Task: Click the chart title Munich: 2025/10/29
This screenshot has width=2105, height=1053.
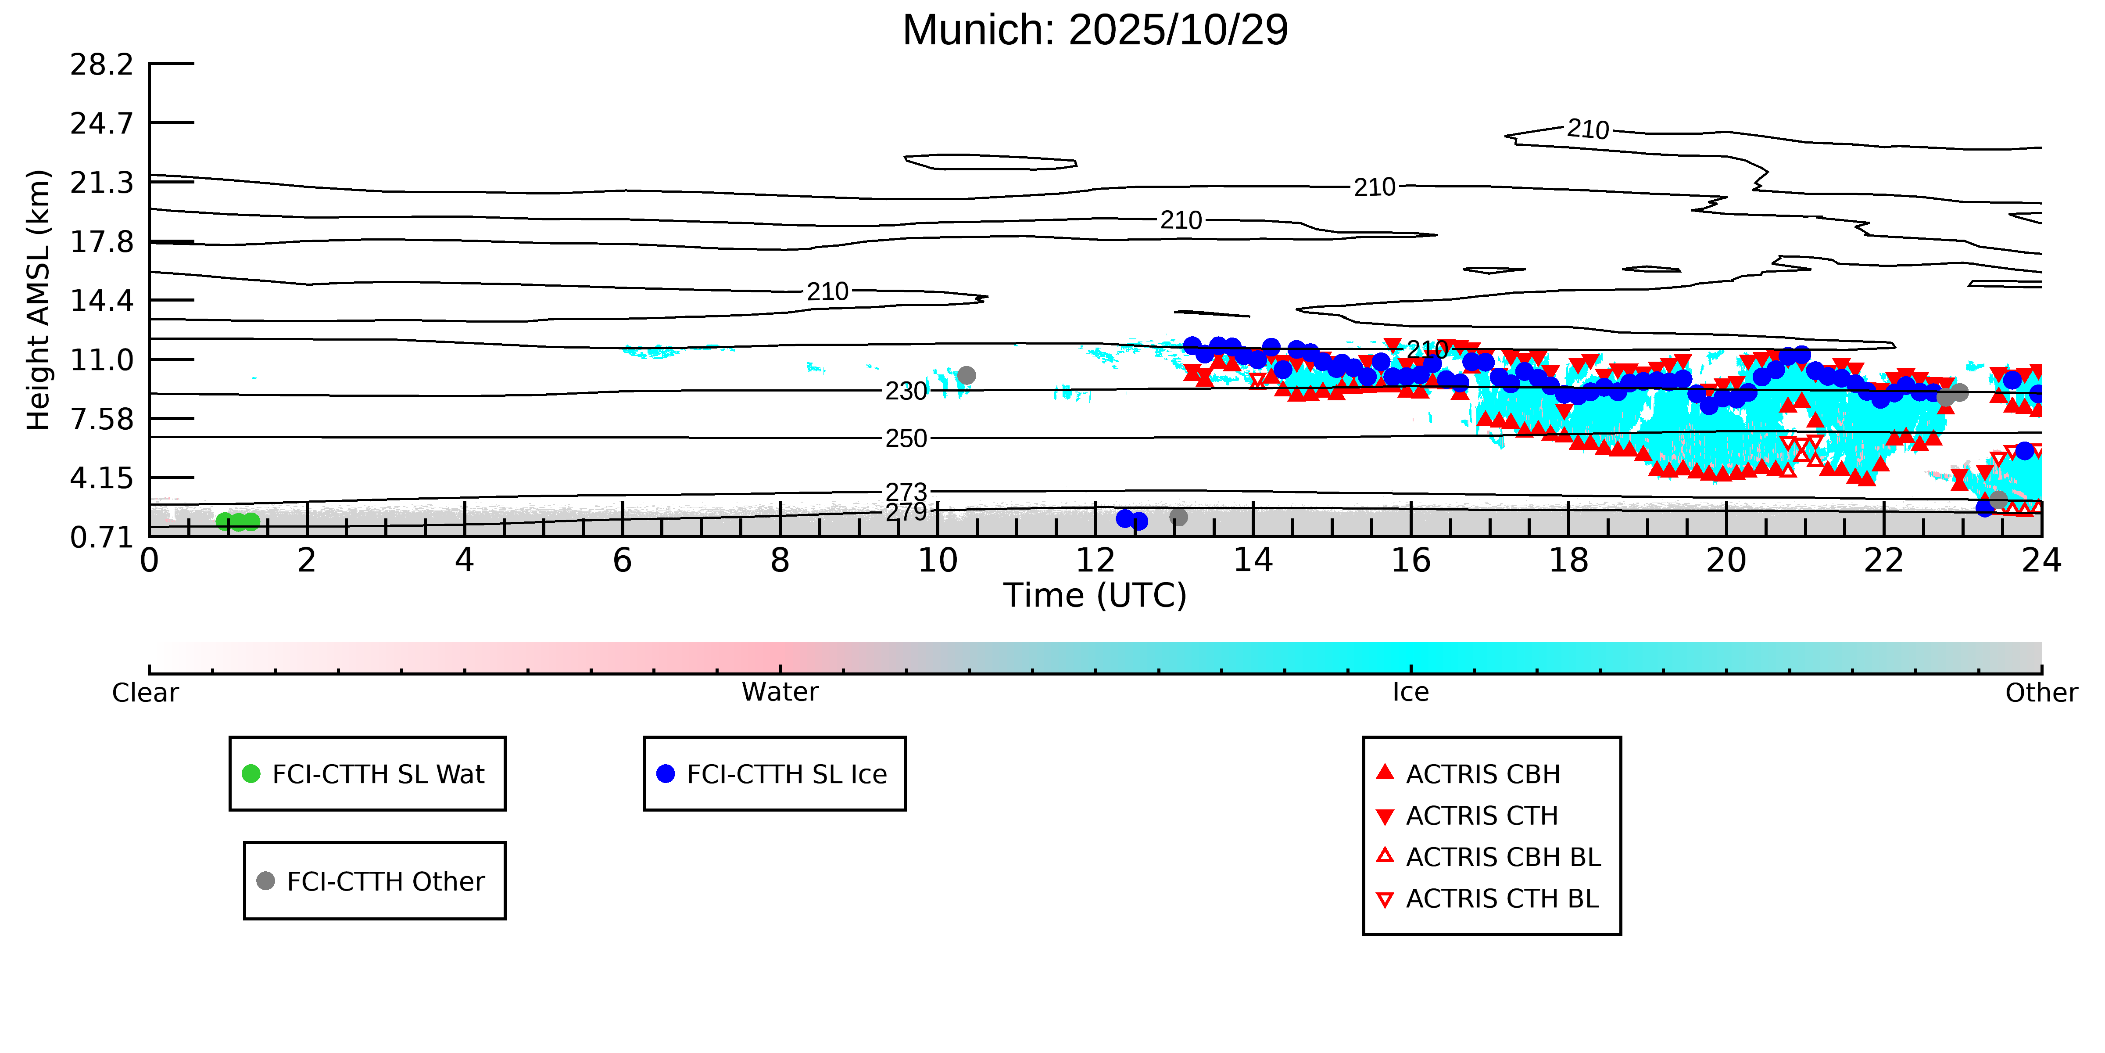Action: [1095, 30]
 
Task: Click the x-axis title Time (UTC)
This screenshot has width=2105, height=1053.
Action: [1095, 595]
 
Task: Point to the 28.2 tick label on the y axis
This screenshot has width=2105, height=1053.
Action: [101, 64]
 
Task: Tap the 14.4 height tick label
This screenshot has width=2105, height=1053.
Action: [101, 300]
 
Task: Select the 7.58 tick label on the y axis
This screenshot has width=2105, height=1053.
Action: [101, 419]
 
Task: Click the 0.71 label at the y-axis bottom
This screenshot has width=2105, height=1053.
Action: [101, 537]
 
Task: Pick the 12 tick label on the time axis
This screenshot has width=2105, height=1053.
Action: [1095, 561]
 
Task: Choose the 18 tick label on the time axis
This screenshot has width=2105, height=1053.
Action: [1568, 561]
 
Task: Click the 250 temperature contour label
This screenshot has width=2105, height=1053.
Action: [907, 438]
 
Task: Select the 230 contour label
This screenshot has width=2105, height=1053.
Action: [907, 391]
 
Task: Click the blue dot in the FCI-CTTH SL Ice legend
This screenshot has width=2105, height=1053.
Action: [666, 773]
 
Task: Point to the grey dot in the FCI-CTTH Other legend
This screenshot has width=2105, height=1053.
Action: [265, 880]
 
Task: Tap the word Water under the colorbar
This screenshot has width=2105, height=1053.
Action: [780, 693]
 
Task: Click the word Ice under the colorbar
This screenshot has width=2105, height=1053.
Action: [1410, 693]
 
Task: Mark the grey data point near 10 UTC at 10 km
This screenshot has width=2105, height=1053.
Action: [967, 375]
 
